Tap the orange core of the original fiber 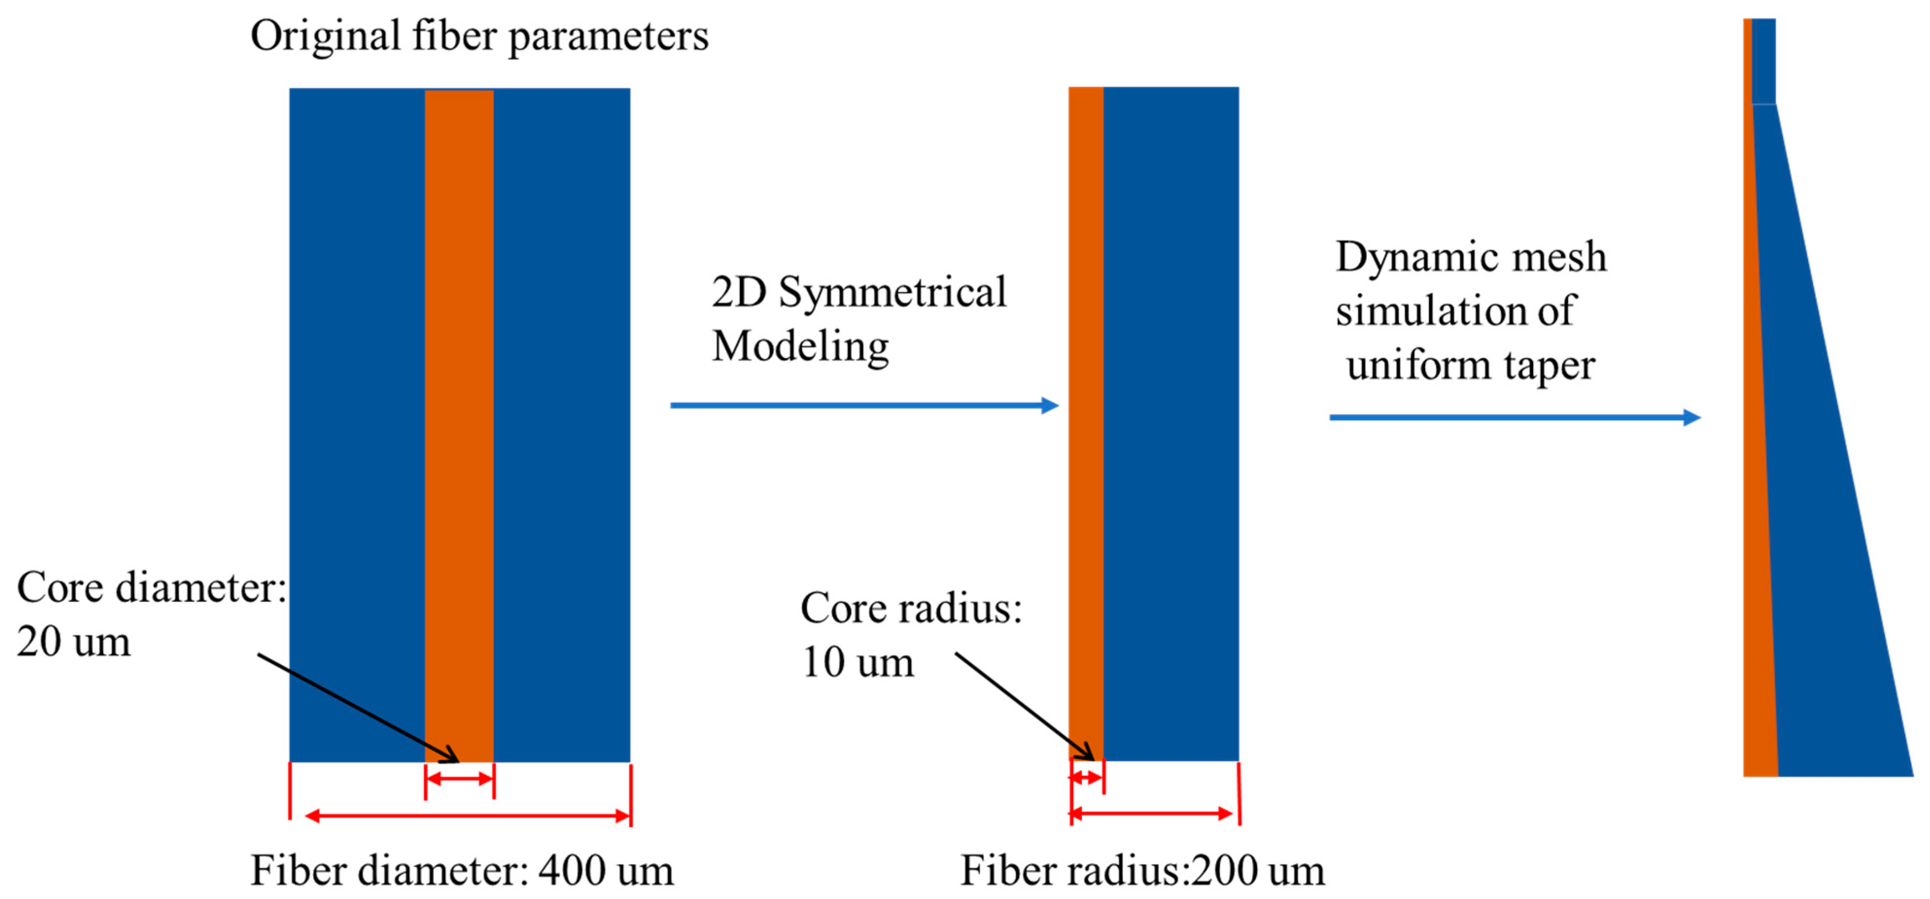tap(459, 374)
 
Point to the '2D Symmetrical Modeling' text tap(859, 319)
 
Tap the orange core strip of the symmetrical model tap(1086, 374)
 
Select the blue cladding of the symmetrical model tap(1170, 374)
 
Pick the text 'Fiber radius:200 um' tap(1142, 870)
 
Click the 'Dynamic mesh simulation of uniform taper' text tap(1470, 311)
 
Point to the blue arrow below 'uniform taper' tap(1514, 417)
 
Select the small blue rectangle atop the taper tap(1764, 60)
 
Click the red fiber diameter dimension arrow tap(468, 815)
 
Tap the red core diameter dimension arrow tap(459, 779)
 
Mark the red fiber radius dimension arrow tap(1152, 813)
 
